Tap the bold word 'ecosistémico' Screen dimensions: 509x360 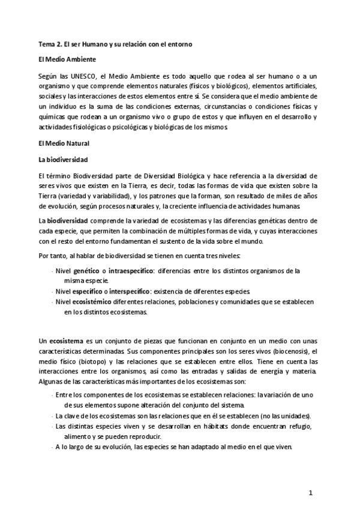click(x=97, y=302)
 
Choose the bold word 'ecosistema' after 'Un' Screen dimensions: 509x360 click(x=66, y=340)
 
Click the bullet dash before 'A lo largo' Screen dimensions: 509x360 click(x=52, y=447)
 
